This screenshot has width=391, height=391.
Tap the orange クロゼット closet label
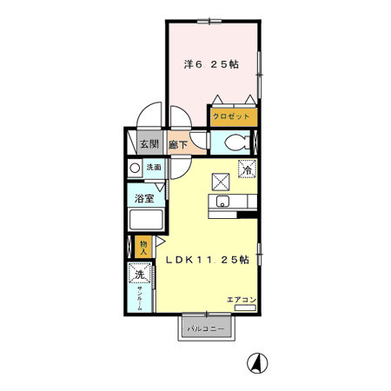[233, 116]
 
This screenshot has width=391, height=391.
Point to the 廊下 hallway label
[178, 143]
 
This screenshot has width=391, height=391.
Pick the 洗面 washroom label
[153, 167]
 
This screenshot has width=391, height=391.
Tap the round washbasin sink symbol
[135, 168]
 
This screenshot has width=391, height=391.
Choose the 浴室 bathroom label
[144, 199]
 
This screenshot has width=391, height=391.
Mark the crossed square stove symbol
[221, 182]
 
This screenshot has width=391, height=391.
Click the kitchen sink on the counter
[222, 202]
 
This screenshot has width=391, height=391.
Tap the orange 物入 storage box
[144, 247]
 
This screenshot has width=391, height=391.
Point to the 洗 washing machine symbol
[139, 275]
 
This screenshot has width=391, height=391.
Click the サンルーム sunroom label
[139, 299]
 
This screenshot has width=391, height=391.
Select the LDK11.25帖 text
[208, 260]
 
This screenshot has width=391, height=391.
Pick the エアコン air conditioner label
[241, 299]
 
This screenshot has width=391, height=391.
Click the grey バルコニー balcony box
[207, 329]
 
